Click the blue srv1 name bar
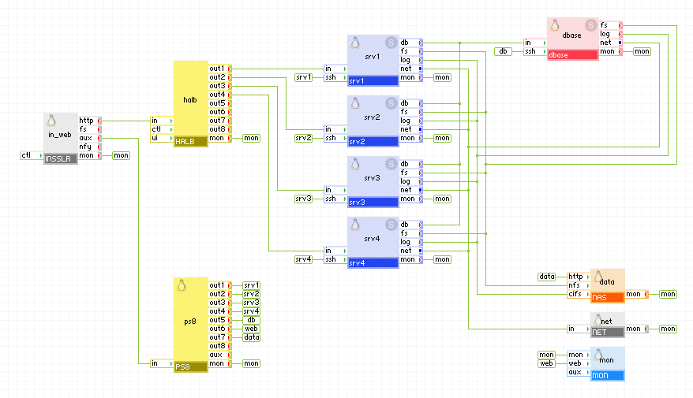(373, 81)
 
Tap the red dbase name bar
(572, 55)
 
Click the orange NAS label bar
(607, 298)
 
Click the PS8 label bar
(190, 367)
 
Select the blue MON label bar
(607, 376)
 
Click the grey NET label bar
(607, 333)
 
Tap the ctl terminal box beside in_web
(27, 155)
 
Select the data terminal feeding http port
(547, 277)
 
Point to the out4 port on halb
(218, 95)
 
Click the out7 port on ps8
(218, 337)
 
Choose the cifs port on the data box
(575, 294)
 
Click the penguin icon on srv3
(356, 163)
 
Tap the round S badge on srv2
(391, 102)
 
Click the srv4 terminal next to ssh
(304, 259)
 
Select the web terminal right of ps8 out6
(251, 329)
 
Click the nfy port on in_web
(87, 147)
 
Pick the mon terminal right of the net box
(668, 329)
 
